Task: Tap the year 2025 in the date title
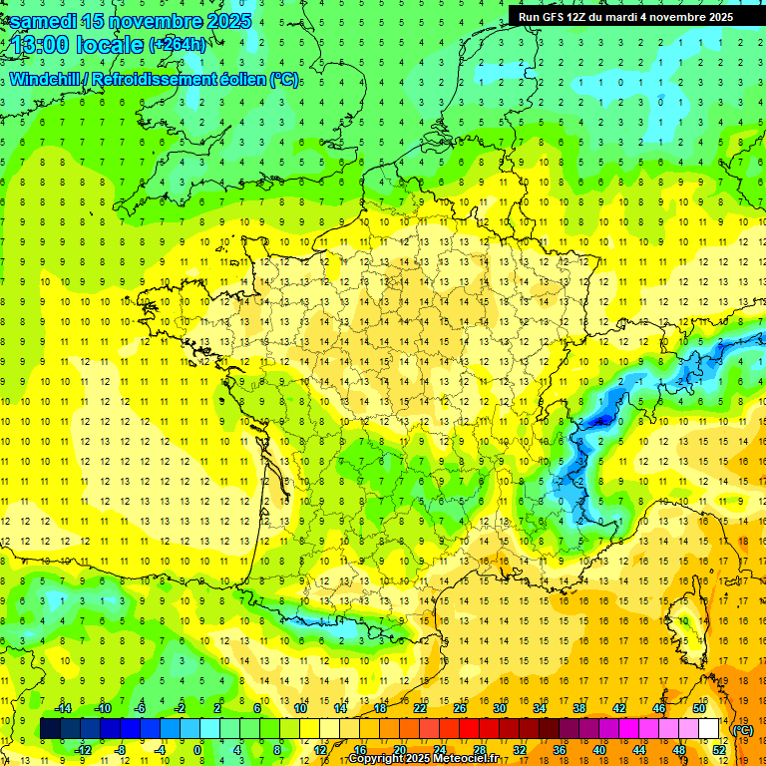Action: (x=223, y=21)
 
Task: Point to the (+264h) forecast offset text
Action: (x=178, y=44)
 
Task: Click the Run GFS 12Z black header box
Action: (x=625, y=16)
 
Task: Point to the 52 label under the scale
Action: (x=718, y=750)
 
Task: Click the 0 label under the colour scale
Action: (x=197, y=750)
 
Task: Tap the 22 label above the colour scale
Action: (x=420, y=708)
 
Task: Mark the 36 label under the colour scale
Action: (x=559, y=750)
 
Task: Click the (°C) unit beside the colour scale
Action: (x=743, y=730)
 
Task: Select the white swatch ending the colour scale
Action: (x=708, y=729)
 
